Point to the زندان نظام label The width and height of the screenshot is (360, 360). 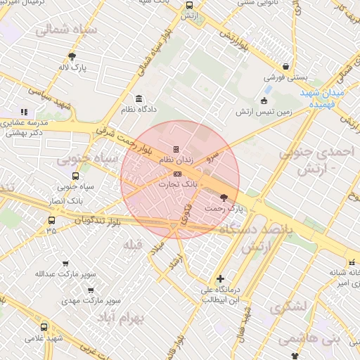176,160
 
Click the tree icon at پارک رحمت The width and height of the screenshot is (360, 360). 224,198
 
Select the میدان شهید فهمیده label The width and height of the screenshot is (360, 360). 330,98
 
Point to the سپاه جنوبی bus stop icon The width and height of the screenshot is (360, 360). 75,176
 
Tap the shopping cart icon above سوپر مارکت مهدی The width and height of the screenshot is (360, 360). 91,289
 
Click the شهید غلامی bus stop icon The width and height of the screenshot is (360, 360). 44,327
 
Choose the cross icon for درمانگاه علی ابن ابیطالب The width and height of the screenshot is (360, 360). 221,278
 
